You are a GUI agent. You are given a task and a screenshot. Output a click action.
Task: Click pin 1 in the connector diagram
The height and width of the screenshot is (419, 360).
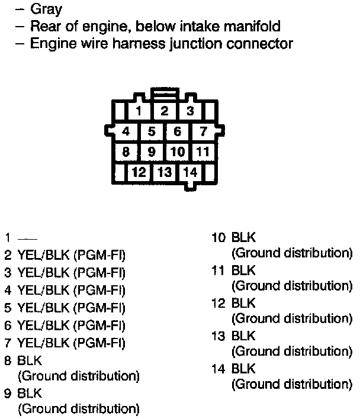click(139, 111)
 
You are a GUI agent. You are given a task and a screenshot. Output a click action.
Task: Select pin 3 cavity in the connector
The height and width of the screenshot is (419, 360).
click(190, 111)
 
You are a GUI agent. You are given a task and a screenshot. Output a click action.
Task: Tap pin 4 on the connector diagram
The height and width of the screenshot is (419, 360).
click(126, 131)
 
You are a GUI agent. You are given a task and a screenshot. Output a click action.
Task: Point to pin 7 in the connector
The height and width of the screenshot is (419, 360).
click(203, 131)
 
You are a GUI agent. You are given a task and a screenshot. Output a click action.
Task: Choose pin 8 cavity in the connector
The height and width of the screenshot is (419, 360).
click(126, 152)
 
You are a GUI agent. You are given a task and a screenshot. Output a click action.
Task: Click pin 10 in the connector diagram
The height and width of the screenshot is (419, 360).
click(178, 152)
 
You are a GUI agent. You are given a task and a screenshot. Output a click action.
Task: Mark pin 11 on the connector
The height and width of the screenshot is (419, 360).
click(203, 152)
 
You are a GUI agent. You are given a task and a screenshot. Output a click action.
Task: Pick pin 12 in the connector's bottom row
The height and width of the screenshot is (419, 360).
click(139, 173)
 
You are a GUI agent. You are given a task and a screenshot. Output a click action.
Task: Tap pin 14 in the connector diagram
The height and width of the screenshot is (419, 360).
click(190, 173)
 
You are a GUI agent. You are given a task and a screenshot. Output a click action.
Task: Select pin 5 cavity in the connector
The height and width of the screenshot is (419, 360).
click(152, 131)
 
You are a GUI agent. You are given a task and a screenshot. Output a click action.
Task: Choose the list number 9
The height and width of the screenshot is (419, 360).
click(7, 392)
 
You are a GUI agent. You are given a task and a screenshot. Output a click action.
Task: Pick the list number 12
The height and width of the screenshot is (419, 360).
click(218, 304)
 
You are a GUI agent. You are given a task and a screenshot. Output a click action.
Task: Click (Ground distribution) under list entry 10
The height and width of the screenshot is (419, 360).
click(291, 253)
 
